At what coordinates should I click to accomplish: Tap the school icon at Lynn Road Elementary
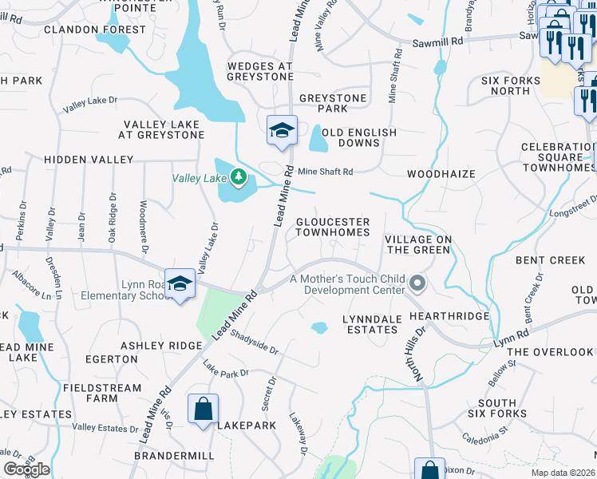pos(180,284)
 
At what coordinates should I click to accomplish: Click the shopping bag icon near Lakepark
pos(204,410)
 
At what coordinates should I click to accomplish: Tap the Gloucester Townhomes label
pos(333,227)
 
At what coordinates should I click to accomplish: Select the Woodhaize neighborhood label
pos(441,174)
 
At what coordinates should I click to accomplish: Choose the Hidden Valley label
pos(78,160)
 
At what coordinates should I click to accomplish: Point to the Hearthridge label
pos(448,316)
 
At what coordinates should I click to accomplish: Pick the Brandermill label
pos(174,455)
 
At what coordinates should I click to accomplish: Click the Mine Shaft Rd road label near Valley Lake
pos(325,172)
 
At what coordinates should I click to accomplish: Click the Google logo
pos(26,469)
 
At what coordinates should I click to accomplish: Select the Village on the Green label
pos(417,244)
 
